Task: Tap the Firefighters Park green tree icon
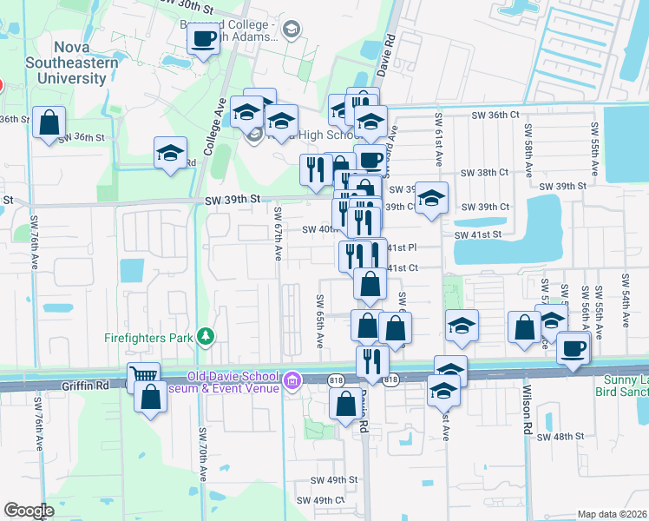206,335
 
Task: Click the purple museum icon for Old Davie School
293,379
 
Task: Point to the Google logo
29,511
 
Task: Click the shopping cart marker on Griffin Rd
143,376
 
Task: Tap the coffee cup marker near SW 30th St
203,38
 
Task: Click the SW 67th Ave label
279,233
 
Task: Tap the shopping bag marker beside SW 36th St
49,122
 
